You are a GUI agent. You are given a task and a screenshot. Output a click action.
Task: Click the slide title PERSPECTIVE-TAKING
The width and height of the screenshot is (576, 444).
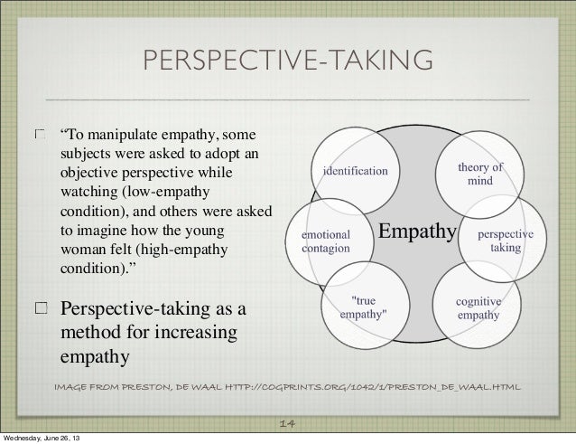[287, 61]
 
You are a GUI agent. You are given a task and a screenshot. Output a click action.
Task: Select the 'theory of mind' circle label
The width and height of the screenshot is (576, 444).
[480, 174]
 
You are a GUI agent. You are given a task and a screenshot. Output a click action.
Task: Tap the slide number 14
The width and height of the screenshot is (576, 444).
[288, 422]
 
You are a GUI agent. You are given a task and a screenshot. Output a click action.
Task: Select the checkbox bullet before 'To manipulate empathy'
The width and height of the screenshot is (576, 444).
[40, 136]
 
